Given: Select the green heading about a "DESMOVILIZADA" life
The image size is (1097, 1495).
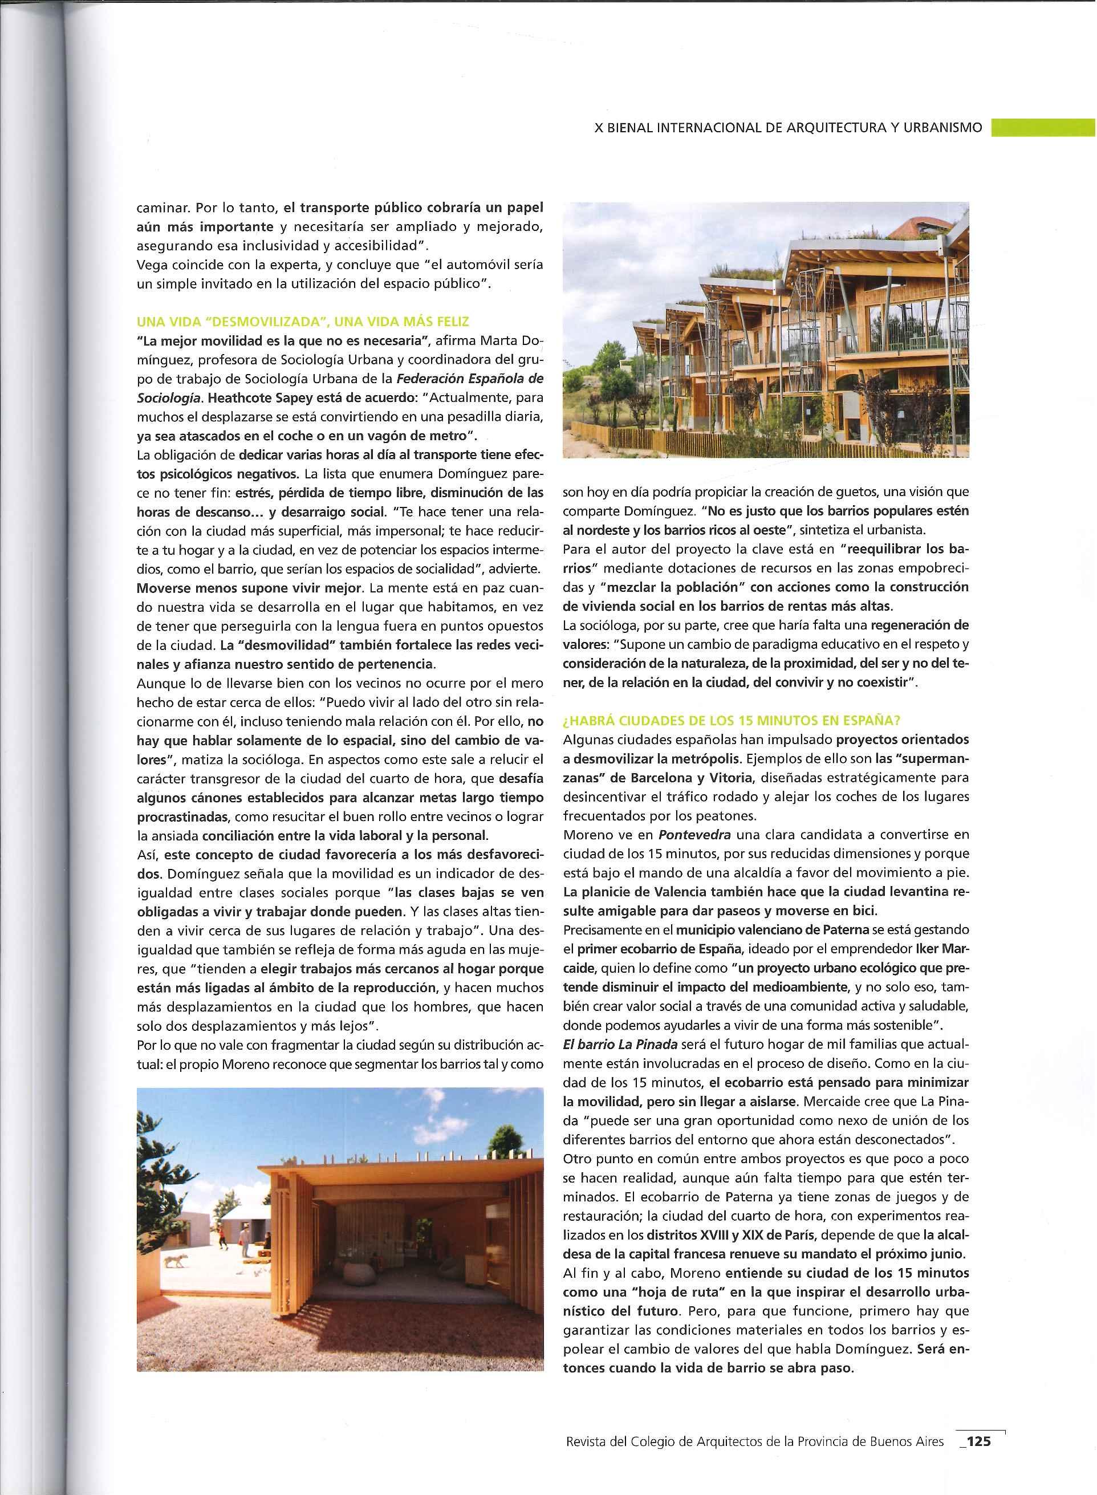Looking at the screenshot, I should [x=303, y=322].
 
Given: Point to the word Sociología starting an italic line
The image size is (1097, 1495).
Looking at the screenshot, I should [x=161, y=399].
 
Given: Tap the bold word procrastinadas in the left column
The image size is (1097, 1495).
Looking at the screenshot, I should [x=182, y=816].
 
